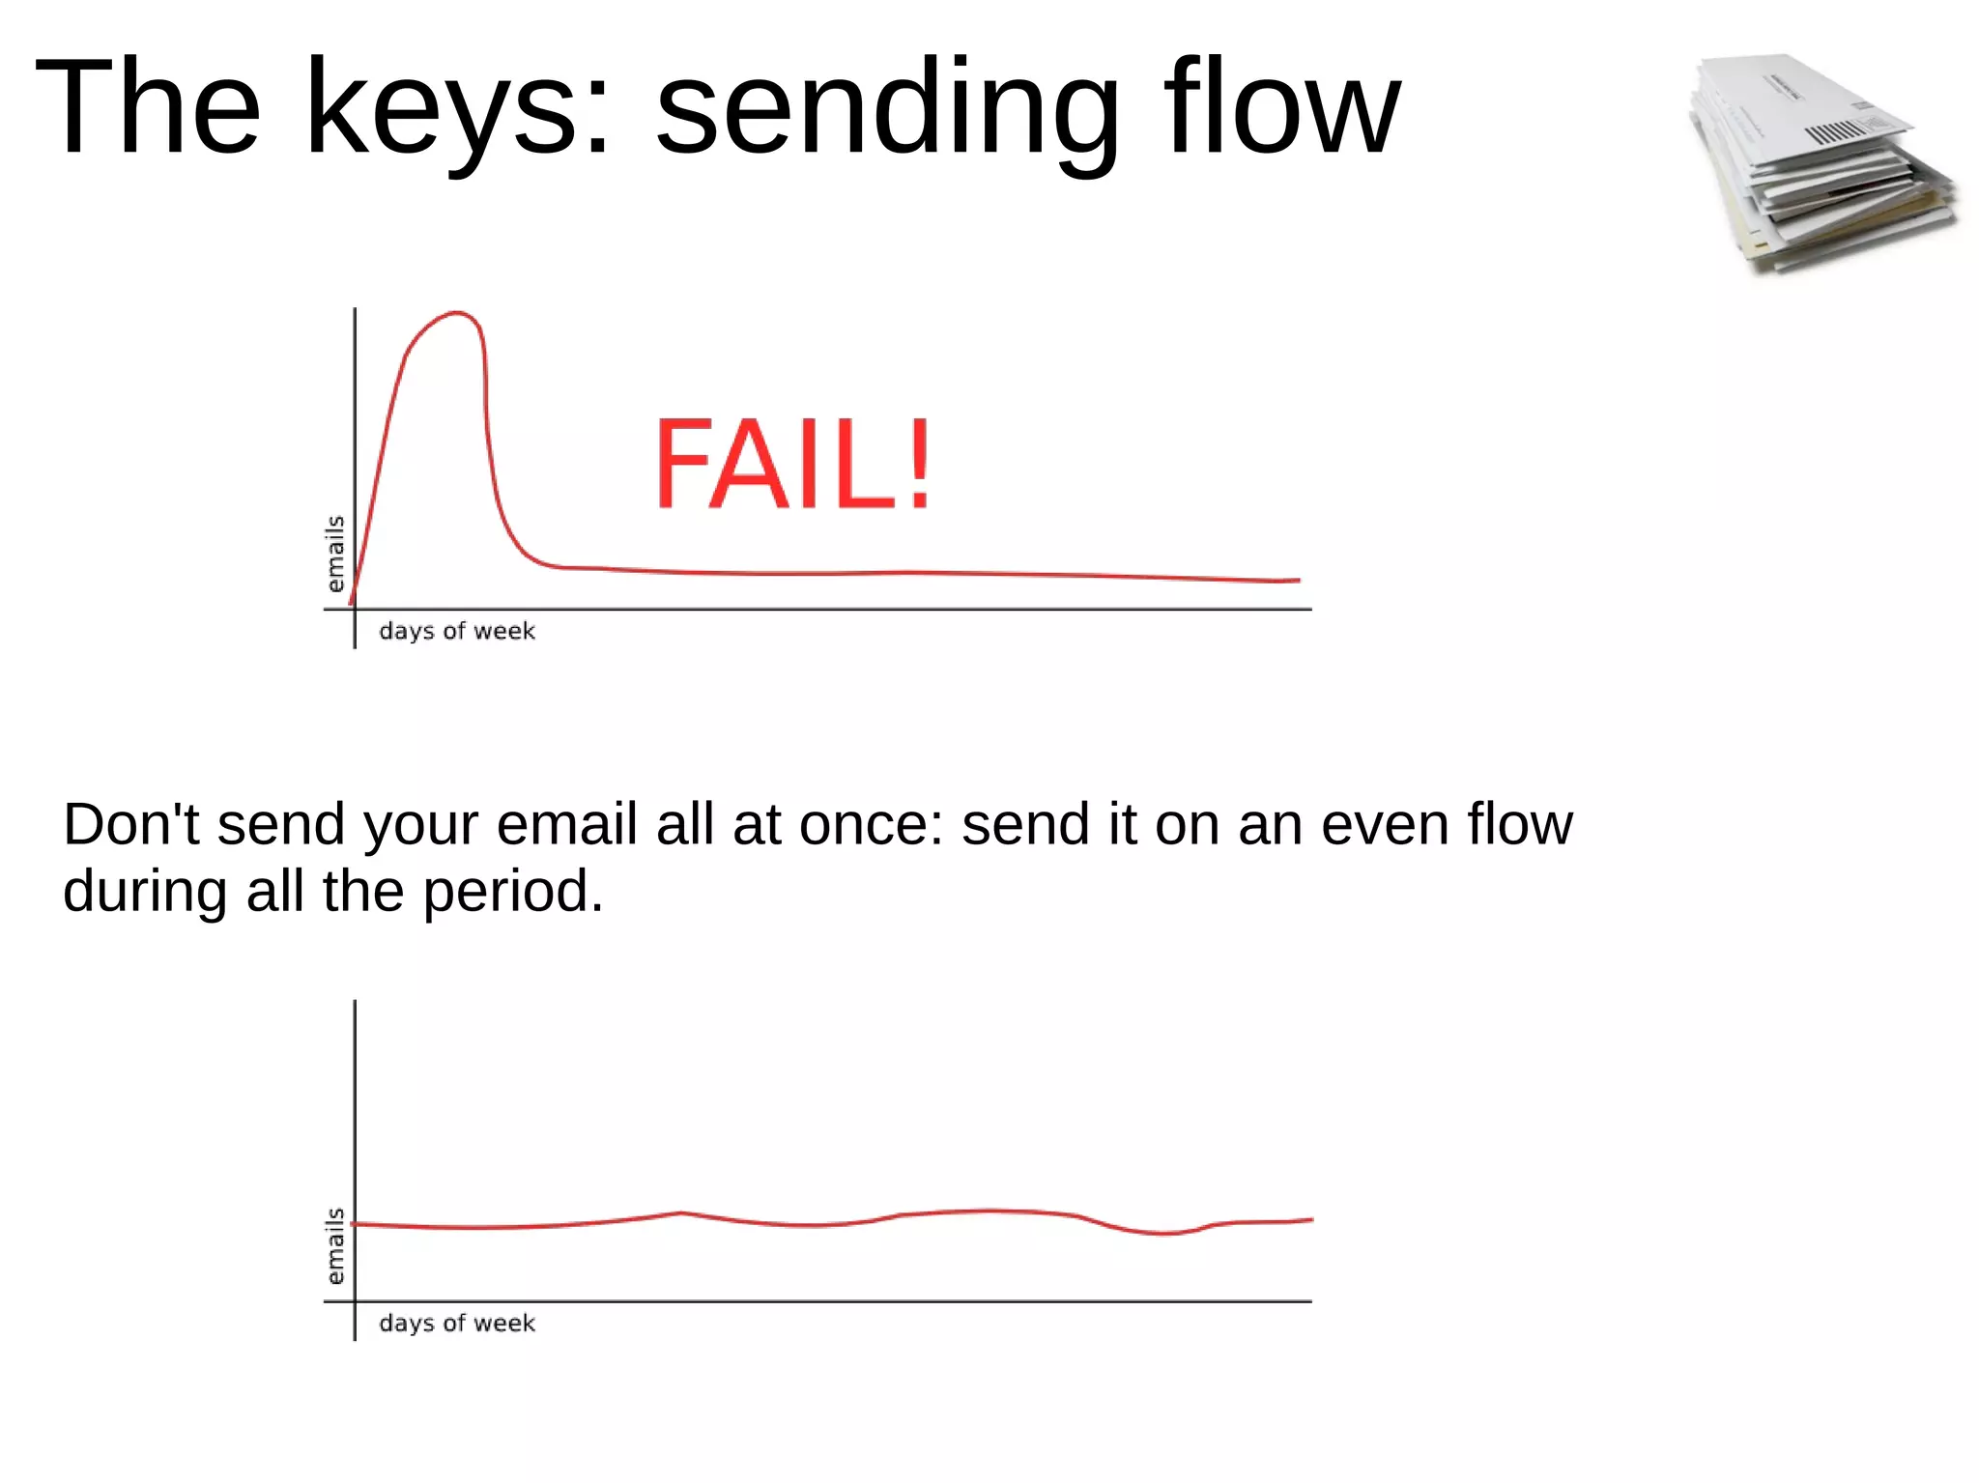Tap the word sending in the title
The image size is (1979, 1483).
887,108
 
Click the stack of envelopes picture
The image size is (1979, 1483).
1821,164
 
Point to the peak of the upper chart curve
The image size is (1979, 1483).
457,313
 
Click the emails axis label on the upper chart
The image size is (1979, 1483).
335,554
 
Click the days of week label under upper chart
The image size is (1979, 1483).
457,632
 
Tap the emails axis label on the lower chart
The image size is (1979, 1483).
335,1246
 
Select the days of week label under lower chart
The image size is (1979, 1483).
457,1324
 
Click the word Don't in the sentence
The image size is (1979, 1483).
131,825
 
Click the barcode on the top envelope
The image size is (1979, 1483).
1833,132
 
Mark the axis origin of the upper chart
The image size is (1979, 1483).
355,610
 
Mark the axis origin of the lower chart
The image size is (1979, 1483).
355,1302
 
